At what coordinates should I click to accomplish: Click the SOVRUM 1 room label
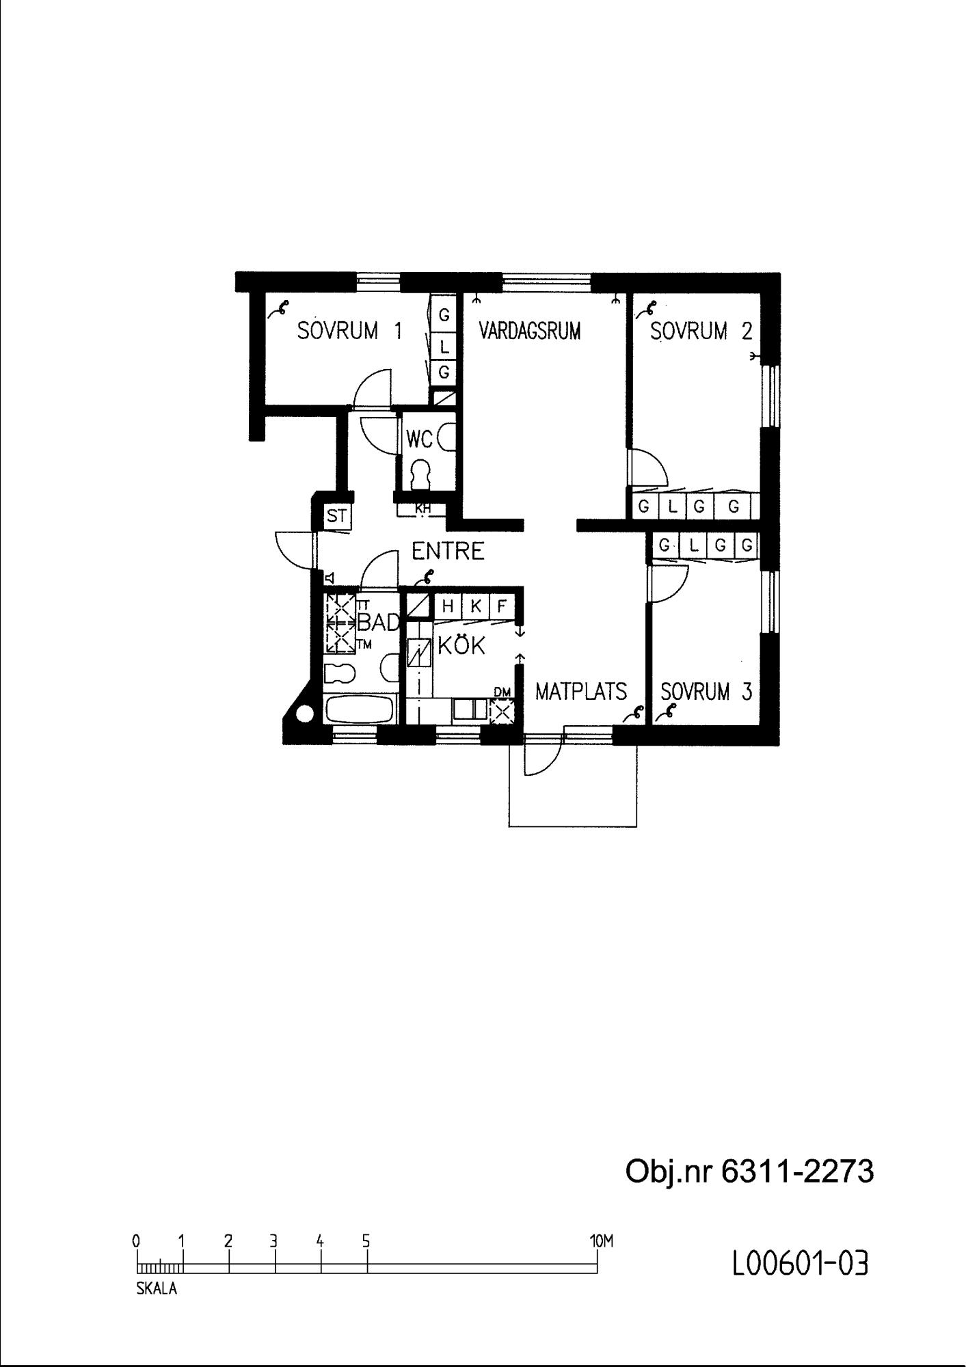point(349,331)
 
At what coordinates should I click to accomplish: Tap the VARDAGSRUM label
point(530,331)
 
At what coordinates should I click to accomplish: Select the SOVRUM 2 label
point(701,331)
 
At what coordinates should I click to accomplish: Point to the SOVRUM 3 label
point(706,692)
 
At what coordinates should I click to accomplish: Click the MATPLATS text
point(581,692)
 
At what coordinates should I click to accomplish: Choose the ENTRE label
point(448,551)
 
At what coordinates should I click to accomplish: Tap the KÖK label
point(461,645)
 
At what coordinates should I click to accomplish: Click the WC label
point(420,439)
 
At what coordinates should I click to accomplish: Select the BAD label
point(378,623)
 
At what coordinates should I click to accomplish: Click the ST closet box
point(337,516)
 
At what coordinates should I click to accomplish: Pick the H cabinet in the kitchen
point(448,606)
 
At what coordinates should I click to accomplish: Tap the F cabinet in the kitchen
point(502,606)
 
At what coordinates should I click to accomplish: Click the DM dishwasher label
point(502,693)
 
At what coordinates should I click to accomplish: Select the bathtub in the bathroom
point(360,709)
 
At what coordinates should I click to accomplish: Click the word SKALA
point(157,1289)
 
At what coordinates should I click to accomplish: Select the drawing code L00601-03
point(801,1264)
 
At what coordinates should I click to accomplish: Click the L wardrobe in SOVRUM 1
point(444,347)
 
